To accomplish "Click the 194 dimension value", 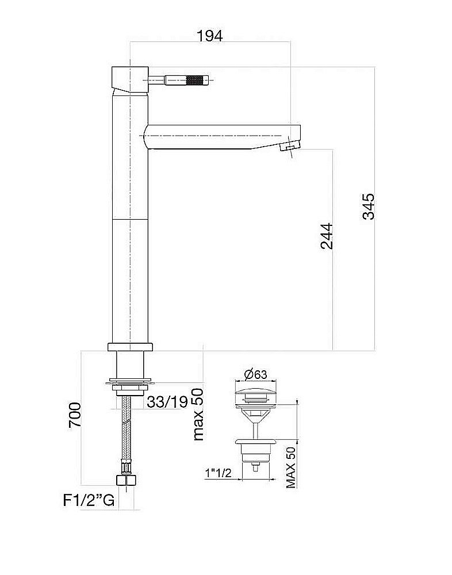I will [209, 36].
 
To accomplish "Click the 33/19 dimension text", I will [167, 402].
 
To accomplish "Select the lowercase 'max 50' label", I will [198, 414].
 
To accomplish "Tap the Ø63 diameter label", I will [255, 374].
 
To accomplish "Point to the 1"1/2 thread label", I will [218, 473].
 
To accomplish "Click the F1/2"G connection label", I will [89, 500].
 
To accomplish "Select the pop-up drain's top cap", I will [255, 396].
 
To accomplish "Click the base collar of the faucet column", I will [130, 347].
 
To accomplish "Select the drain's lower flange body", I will [255, 446].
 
